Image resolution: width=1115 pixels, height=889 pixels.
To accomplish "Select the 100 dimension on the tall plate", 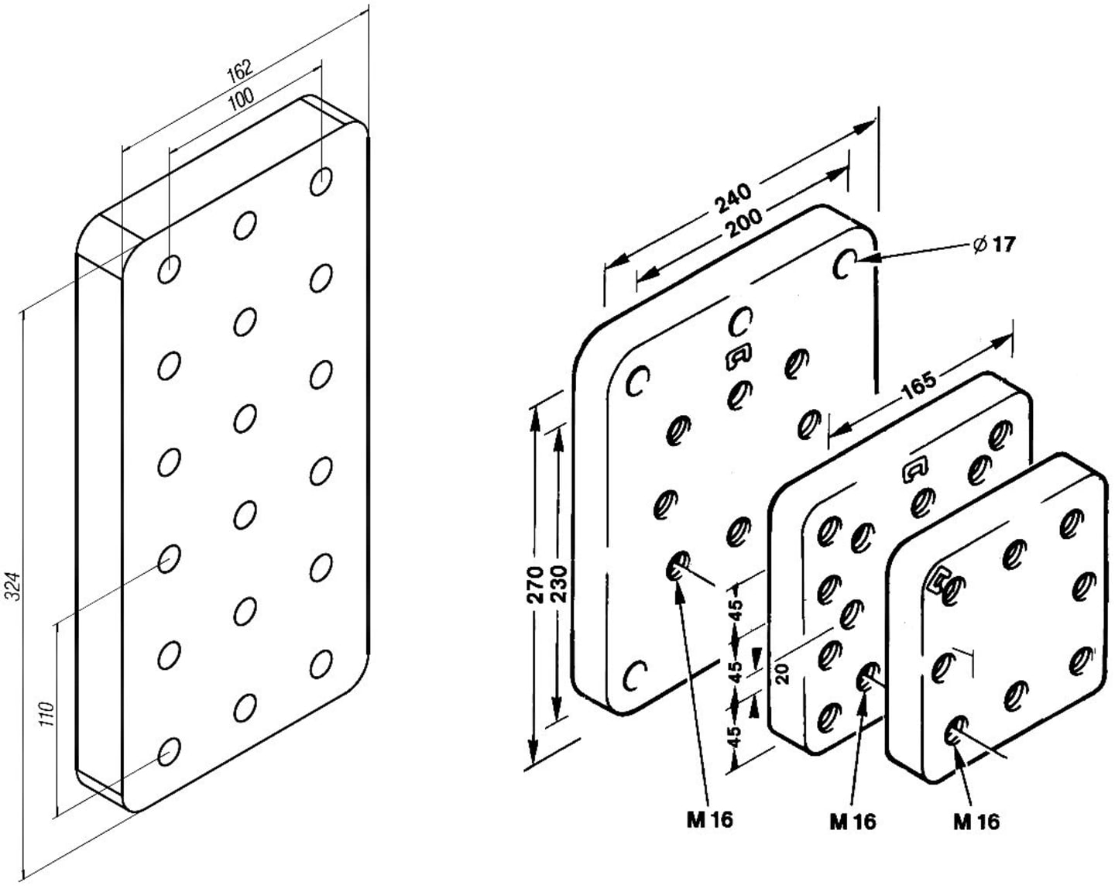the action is (241, 99).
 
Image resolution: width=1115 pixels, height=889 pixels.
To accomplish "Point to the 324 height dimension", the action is (14, 586).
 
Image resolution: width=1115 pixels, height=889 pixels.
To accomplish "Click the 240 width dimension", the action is (733, 198).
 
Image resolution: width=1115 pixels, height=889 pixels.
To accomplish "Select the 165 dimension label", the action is (919, 386).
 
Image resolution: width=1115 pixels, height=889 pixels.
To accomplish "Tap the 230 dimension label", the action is (559, 584).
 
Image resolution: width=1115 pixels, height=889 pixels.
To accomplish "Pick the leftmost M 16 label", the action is (710, 819).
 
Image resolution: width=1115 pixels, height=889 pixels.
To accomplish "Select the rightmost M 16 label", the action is (976, 821).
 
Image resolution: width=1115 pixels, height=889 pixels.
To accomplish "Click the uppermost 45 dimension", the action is (736, 610).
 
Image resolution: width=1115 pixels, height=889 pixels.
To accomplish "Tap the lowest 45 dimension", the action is (736, 736).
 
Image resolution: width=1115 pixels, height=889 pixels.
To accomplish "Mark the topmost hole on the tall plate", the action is (321, 181).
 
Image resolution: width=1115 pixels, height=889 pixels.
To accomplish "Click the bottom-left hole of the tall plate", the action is (169, 752).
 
